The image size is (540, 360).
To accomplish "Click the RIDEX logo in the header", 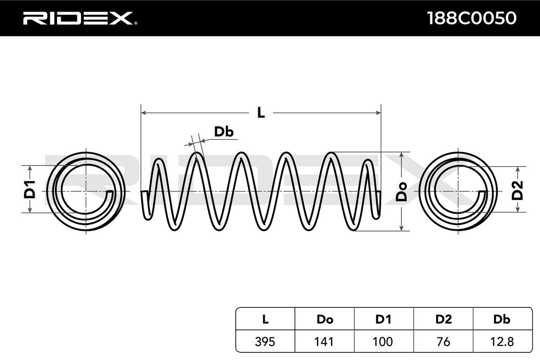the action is point(80,18).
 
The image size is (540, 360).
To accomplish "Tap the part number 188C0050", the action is point(472,18).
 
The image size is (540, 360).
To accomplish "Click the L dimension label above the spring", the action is point(261,112).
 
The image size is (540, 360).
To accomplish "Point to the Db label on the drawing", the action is point(224,132).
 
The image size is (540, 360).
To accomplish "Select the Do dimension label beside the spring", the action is point(401,192).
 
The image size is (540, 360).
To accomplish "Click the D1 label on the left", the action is point(30,189).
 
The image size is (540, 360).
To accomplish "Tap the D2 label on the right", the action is point(517,190).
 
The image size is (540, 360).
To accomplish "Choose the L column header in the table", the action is point(265,319).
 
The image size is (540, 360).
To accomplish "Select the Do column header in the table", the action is point(325,319).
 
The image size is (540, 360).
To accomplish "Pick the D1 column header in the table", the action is point(384,319).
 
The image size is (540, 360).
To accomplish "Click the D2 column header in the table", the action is point(443,319).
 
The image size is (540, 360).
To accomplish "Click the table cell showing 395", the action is point(265,342).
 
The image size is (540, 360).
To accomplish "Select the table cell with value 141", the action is point(325,342).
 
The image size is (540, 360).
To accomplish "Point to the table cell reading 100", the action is point(384,342).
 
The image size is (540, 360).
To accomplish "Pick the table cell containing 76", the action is point(443,342).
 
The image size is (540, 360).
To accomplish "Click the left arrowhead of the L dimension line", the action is point(144,112).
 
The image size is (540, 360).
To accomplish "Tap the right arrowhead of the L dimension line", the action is point(378,112).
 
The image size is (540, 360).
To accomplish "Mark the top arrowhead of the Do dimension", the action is point(401,155).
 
